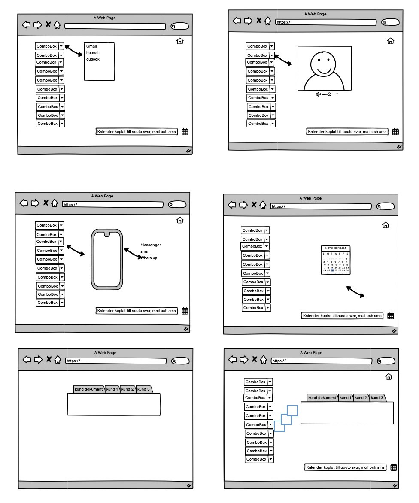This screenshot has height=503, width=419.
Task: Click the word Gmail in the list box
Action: coord(91,46)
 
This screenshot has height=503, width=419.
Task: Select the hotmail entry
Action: coord(93,53)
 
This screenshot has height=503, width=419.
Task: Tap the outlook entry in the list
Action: coord(93,59)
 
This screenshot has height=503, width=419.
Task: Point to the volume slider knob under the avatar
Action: coord(329,94)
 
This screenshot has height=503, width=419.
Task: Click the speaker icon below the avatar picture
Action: coord(318,94)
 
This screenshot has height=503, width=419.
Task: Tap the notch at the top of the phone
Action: coord(107,234)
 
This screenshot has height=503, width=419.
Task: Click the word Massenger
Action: coord(151,245)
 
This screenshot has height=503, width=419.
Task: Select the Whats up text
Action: coord(150,258)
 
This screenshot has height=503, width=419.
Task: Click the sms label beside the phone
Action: coord(144,251)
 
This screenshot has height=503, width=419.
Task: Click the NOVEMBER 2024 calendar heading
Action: coord(336,248)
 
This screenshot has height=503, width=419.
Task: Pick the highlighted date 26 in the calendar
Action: coord(332,270)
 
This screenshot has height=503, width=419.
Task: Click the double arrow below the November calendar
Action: coord(355,292)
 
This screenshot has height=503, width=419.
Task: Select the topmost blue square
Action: coord(292,411)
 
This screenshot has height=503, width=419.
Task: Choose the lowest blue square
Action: coord(279,426)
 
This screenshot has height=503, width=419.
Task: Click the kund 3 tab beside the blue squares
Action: coord(377,398)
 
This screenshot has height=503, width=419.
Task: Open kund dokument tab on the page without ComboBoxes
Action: coord(89,389)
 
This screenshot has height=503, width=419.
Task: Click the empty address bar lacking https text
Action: coord(115,26)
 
